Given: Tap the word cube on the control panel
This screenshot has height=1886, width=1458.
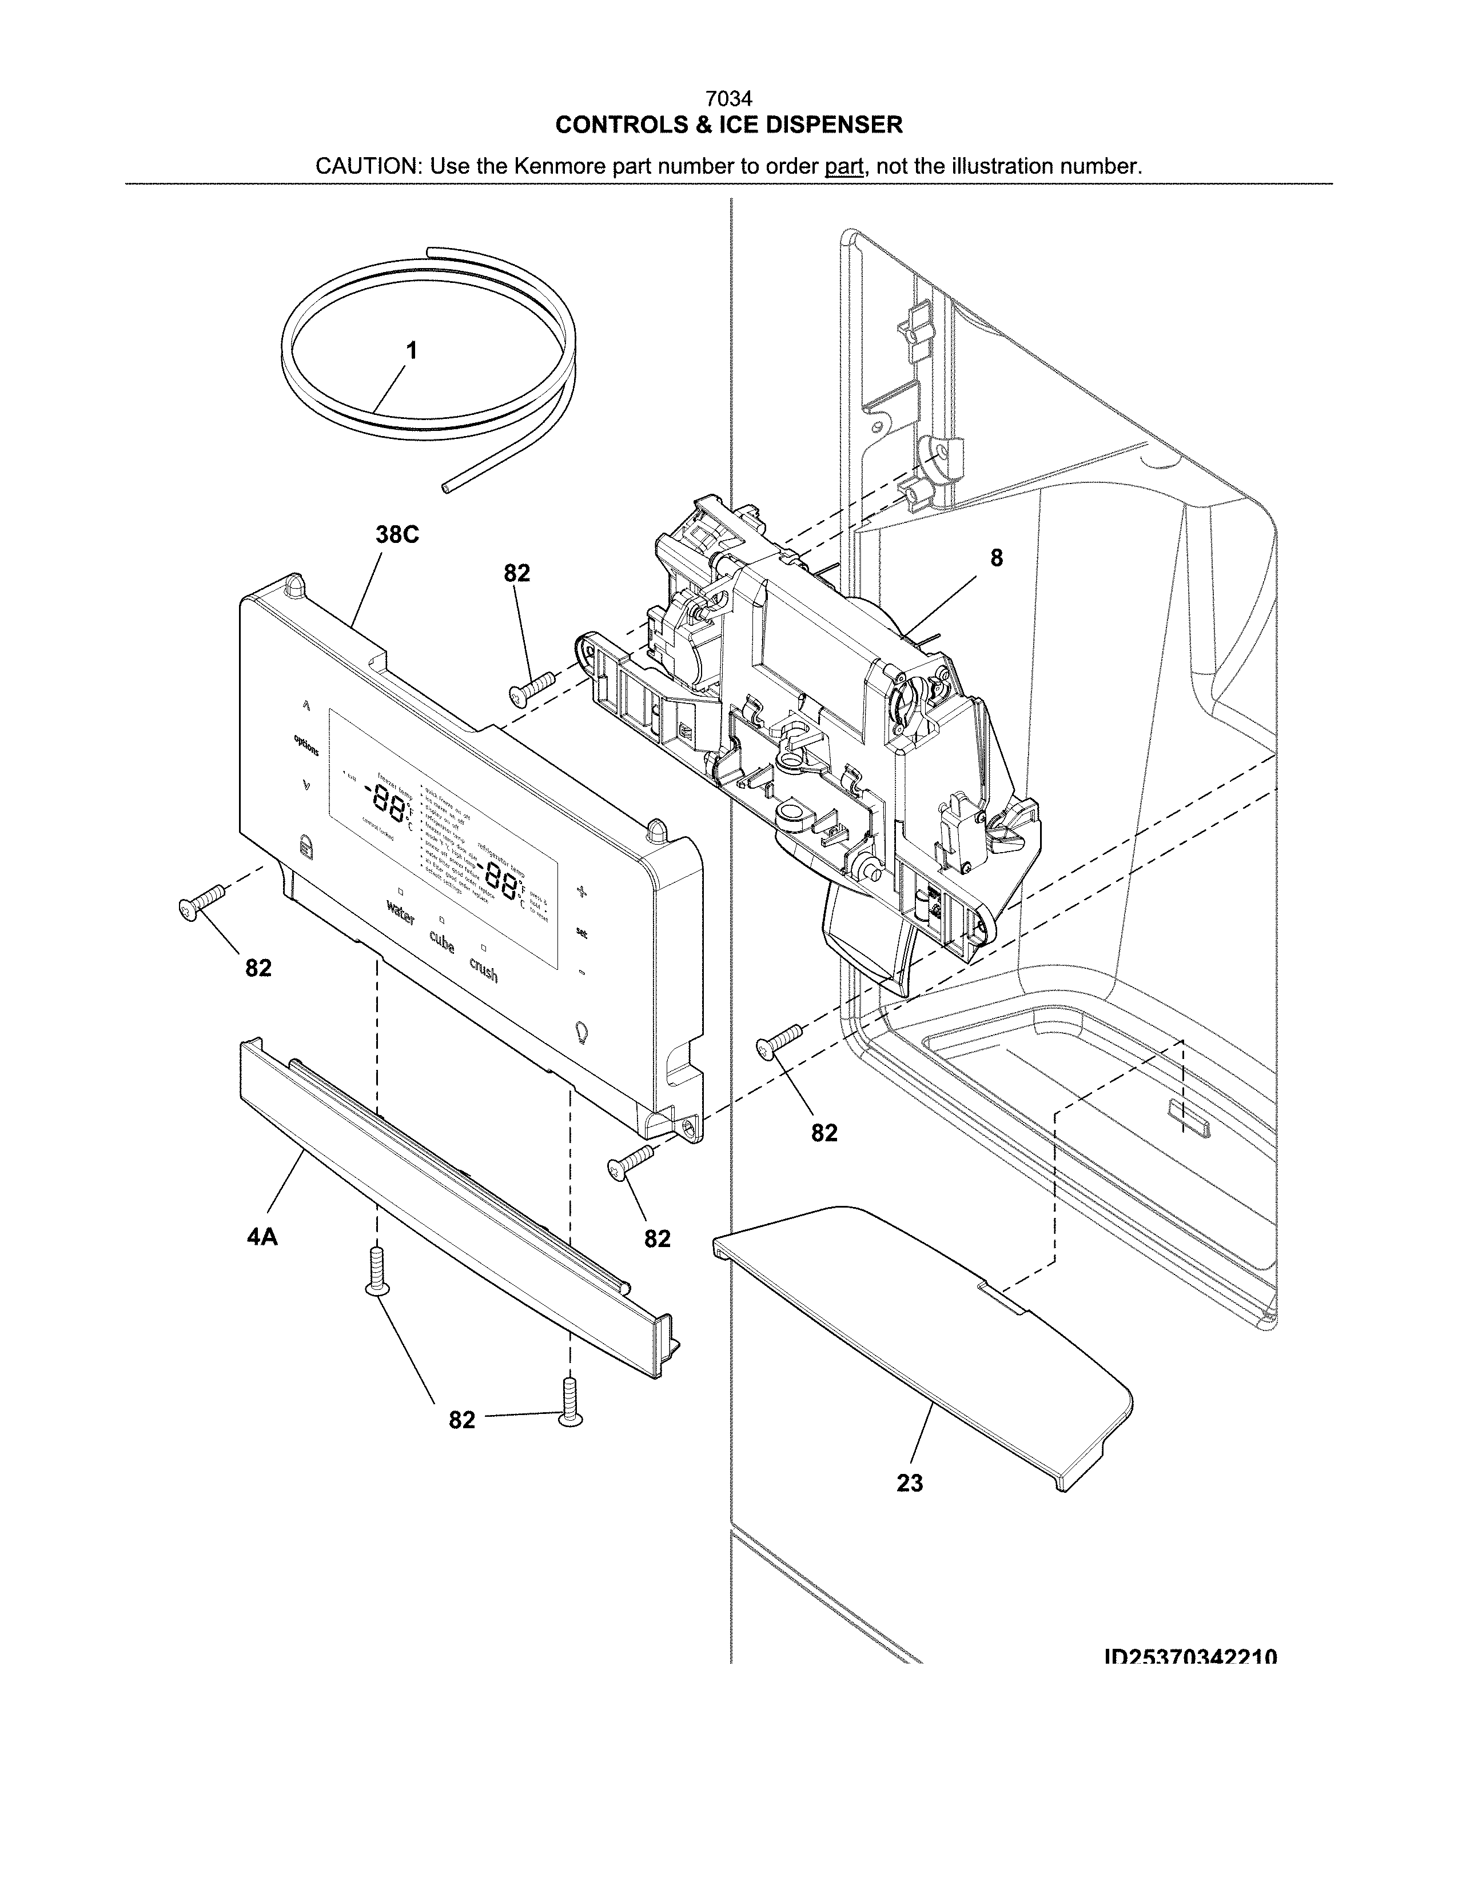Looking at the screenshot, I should [441, 943].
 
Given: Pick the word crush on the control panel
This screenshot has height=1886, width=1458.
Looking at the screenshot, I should [484, 972].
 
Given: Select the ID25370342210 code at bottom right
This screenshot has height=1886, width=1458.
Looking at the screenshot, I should [1190, 1657].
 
